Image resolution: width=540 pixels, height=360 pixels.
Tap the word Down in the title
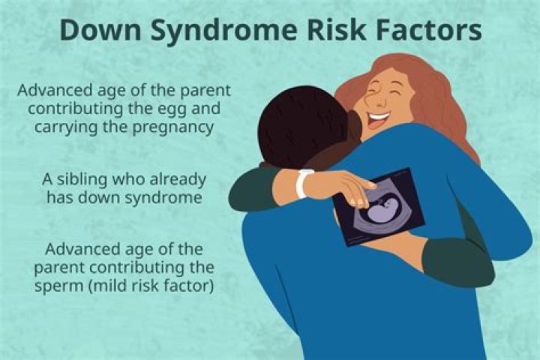pos(100,30)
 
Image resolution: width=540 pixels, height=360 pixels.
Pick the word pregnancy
pos(173,128)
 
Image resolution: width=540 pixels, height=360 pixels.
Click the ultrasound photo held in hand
pos(379,207)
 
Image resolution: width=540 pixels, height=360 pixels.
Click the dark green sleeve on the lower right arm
pos(458,262)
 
